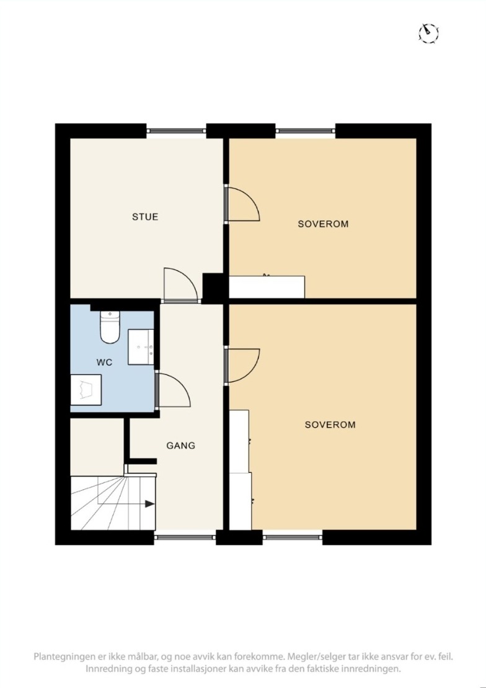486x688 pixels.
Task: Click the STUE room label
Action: pyautogui.click(x=145, y=217)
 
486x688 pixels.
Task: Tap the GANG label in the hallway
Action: pyautogui.click(x=180, y=446)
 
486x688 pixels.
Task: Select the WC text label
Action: pyautogui.click(x=105, y=363)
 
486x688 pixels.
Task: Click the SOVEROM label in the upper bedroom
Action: pyautogui.click(x=323, y=224)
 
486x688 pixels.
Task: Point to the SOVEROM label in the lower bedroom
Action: pyautogui.click(x=330, y=425)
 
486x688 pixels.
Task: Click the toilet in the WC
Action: pyautogui.click(x=109, y=327)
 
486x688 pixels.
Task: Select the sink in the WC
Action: pyautogui.click(x=141, y=347)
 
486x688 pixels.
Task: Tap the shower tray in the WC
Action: pyautogui.click(x=86, y=390)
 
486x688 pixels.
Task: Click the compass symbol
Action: pyautogui.click(x=428, y=32)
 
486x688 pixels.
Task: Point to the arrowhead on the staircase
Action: pyautogui.click(x=149, y=504)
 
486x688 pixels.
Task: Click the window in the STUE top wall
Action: pyautogui.click(x=176, y=130)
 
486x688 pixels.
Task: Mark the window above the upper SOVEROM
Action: pyautogui.click(x=306, y=130)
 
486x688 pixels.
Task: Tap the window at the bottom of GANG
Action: pyautogui.click(x=185, y=536)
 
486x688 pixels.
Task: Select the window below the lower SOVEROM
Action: pyautogui.click(x=293, y=536)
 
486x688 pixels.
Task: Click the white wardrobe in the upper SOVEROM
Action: pyautogui.click(x=267, y=286)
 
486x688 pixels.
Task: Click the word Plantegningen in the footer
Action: pyautogui.click(x=62, y=657)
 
